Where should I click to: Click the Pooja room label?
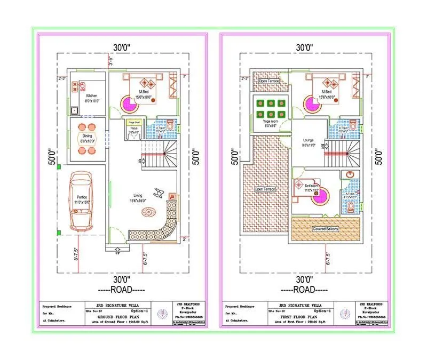coord(132,129)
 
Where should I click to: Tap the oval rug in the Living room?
coord(148,212)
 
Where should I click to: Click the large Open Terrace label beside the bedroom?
coord(265,189)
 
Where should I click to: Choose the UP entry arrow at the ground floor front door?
coord(117,252)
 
